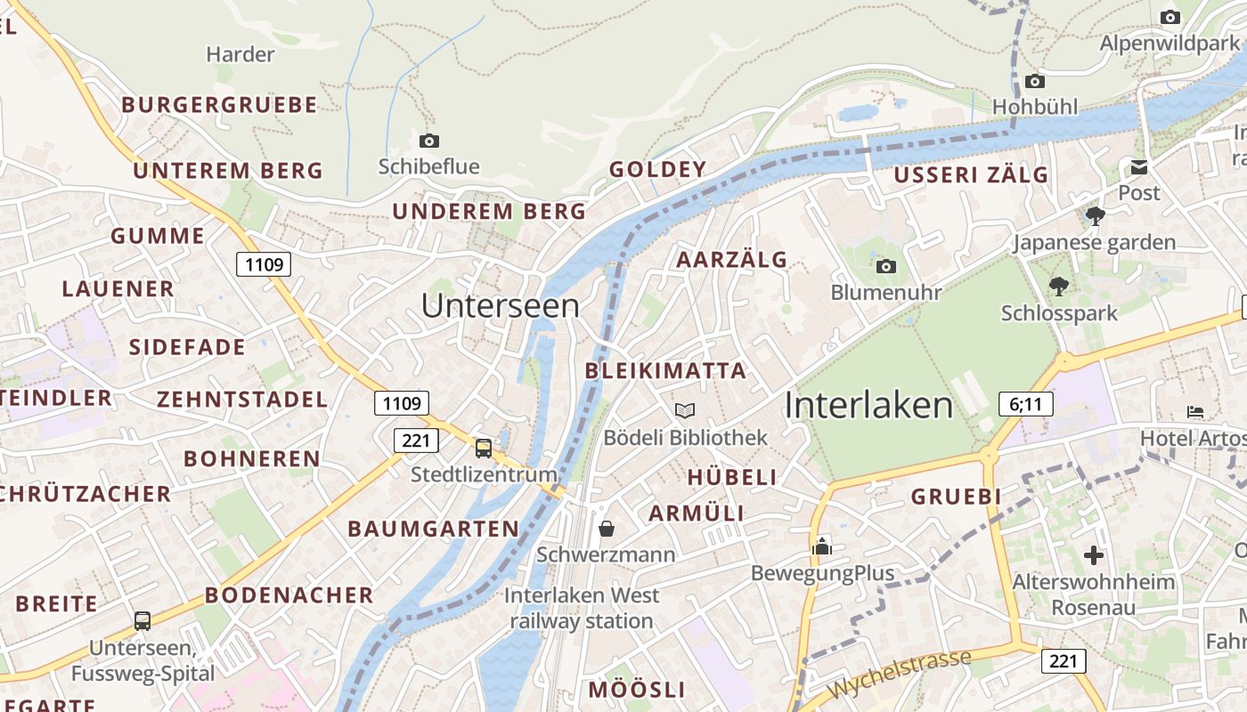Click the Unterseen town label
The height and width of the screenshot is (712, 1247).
coord(500,305)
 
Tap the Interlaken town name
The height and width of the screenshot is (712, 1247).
coord(868,405)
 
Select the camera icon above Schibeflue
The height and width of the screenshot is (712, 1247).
coord(428,141)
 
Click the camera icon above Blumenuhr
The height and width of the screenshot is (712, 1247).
coord(885,266)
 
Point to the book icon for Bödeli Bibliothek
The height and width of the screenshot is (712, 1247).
coord(684,410)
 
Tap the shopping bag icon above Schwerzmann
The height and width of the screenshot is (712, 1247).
coord(606,529)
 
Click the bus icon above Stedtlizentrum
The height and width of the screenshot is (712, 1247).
coord(483,448)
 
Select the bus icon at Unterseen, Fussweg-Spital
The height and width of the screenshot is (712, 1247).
coord(142,620)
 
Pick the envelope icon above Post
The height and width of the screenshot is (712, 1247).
coord(1138,167)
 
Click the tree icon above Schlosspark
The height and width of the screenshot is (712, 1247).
coord(1058,287)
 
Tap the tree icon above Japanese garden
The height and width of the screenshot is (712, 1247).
coord(1096,215)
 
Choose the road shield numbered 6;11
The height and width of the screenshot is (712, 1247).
coord(1025,405)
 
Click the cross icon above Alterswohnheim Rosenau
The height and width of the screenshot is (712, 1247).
coord(1093,555)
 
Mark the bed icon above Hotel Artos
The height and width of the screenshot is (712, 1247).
coord(1195,411)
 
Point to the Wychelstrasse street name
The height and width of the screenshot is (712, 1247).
coord(898,675)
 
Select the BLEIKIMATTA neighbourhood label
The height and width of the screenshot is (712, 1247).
coord(665,371)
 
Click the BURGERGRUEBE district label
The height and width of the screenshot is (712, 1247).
coord(219,105)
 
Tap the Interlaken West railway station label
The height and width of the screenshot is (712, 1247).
coord(582,608)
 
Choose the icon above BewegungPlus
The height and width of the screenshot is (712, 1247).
coord(821,546)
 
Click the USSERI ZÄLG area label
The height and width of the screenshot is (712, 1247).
coord(971,175)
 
